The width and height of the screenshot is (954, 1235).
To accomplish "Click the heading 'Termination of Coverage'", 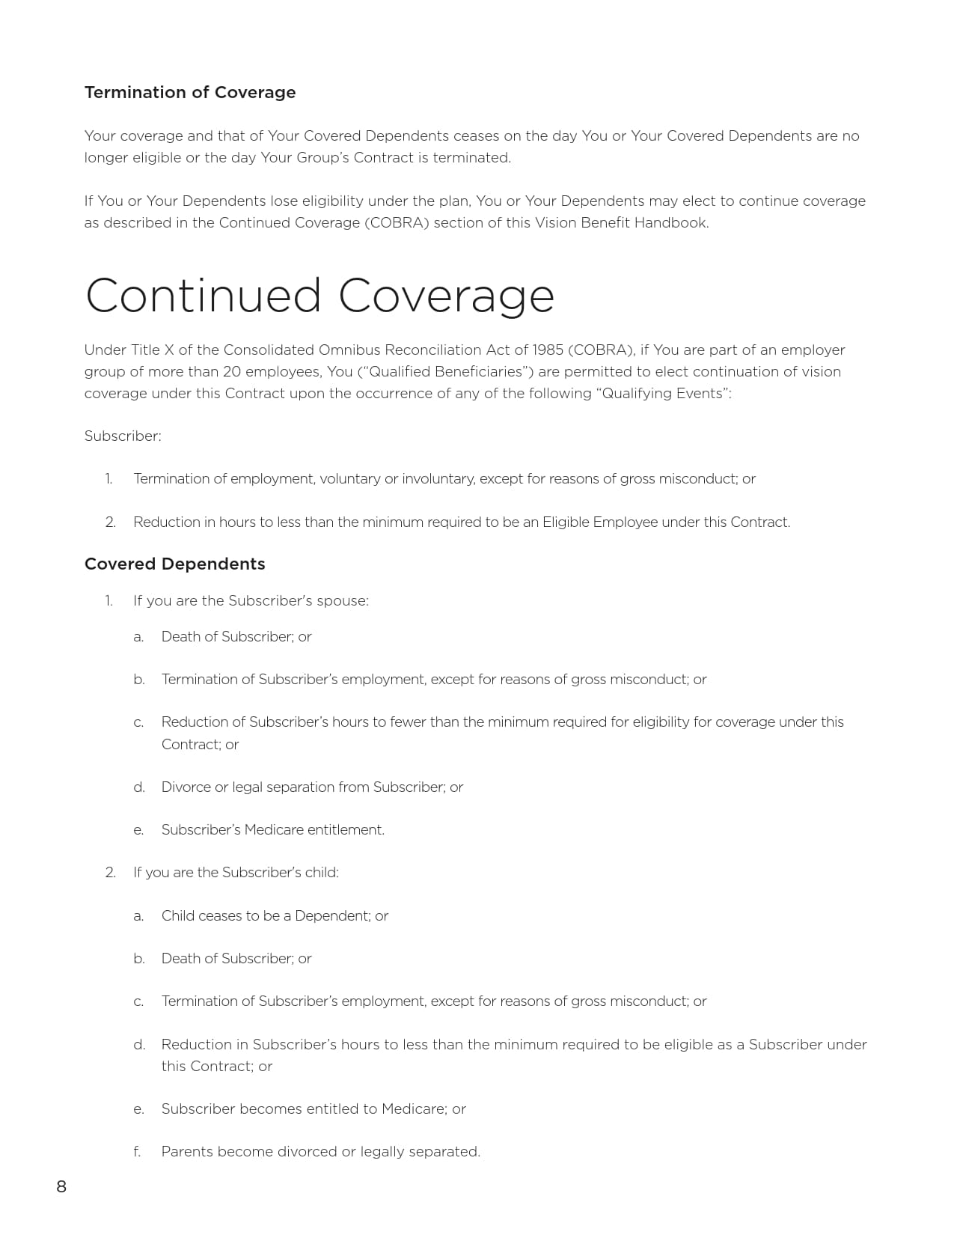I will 190,92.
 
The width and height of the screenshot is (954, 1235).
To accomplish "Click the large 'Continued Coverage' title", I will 319,296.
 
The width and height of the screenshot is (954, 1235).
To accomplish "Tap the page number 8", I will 61,1186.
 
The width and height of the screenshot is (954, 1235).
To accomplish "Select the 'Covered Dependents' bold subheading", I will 174,564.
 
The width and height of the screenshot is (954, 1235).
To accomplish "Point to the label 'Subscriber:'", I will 123,436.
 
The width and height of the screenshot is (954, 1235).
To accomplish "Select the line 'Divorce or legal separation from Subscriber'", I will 312,787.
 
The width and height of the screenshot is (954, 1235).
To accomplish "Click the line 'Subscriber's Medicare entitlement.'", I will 272,829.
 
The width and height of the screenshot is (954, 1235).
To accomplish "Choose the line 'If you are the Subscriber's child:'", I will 236,872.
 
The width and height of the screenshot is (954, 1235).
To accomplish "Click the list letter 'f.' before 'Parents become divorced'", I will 138,1151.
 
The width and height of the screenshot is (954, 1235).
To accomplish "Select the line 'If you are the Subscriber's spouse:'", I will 251,600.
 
